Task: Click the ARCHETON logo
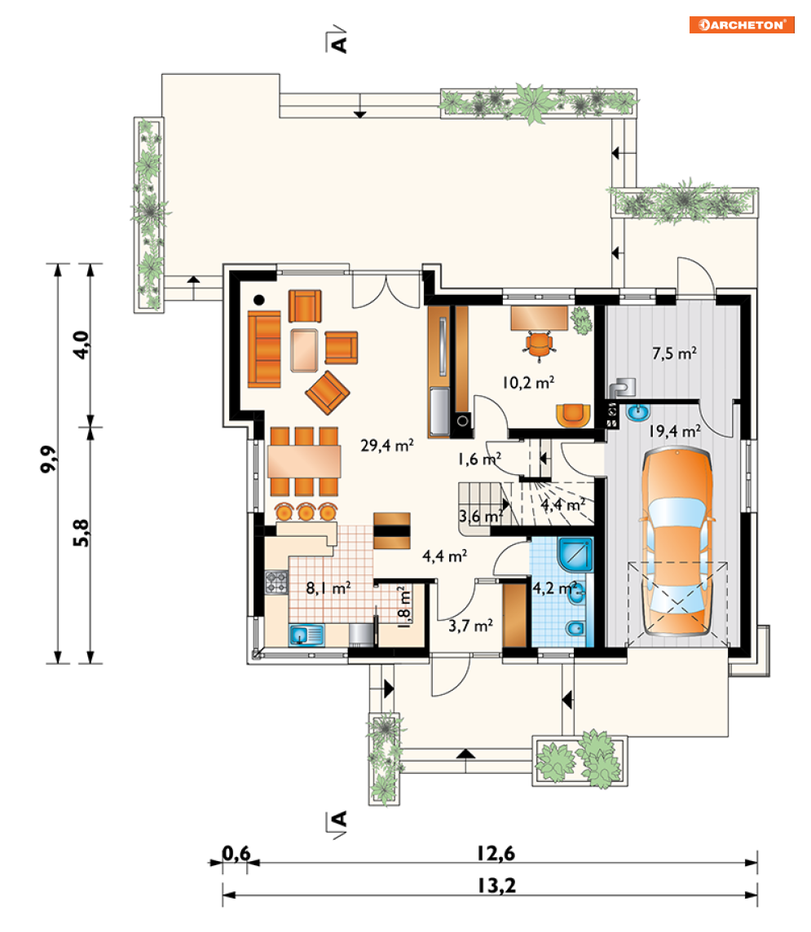pyautogui.click(x=742, y=25)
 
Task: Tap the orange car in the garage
pyautogui.click(x=677, y=542)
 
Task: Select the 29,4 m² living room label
pyautogui.click(x=387, y=445)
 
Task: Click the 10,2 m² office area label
pyautogui.click(x=528, y=382)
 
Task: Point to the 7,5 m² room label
pyautogui.click(x=674, y=353)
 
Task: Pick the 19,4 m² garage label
pyautogui.click(x=674, y=430)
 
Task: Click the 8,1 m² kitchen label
pyautogui.click(x=328, y=588)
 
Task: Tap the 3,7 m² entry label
pyautogui.click(x=470, y=626)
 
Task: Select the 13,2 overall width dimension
pyautogui.click(x=497, y=886)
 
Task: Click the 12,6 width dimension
pyautogui.click(x=496, y=854)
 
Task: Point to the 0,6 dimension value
pyautogui.click(x=236, y=854)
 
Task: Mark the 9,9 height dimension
pyautogui.click(x=49, y=459)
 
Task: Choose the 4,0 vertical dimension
pyautogui.click(x=81, y=345)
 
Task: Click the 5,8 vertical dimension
pyautogui.click(x=81, y=533)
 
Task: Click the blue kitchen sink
pyautogui.click(x=306, y=635)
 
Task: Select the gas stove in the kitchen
pyautogui.click(x=276, y=582)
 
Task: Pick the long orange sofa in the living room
pyautogui.click(x=264, y=349)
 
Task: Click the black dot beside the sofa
pyautogui.click(x=258, y=300)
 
